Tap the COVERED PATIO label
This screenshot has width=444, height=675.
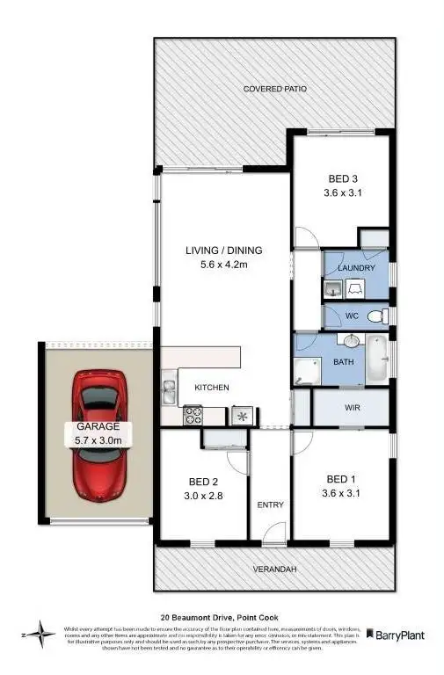(274, 89)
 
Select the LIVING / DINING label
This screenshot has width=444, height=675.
(223, 250)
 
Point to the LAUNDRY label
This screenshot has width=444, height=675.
(357, 267)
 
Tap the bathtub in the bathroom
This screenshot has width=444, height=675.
(376, 359)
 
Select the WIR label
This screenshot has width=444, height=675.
(351, 408)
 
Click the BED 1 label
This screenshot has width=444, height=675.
(341, 478)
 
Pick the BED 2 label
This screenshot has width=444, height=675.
(203, 481)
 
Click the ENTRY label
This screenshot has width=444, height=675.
(269, 504)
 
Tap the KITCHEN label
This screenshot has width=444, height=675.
(212, 387)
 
